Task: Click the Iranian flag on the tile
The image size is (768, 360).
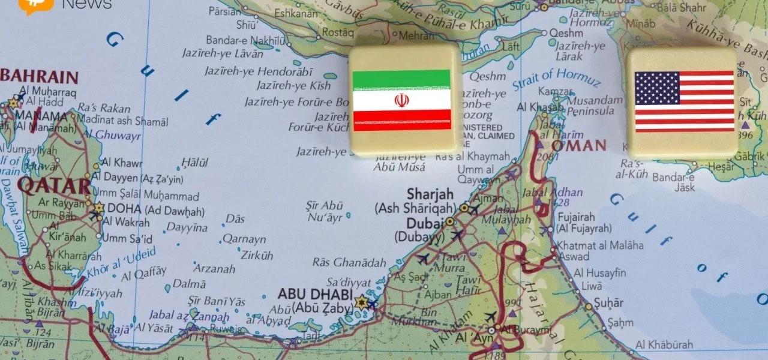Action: pyautogui.click(x=401, y=100)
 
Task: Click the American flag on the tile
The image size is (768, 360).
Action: pyautogui.click(x=684, y=101)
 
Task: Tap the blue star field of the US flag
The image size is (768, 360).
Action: pyautogui.click(x=657, y=88)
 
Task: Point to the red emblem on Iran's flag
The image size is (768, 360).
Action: pyautogui.click(x=401, y=100)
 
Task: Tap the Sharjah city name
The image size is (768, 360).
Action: pyautogui.click(x=430, y=194)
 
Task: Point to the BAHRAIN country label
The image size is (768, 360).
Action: pyautogui.click(x=40, y=77)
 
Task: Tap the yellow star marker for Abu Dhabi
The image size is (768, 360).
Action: pyautogui.click(x=361, y=302)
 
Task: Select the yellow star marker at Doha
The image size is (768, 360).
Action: pyautogui.click(x=98, y=208)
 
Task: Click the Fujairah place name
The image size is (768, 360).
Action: pyautogui.click(x=576, y=217)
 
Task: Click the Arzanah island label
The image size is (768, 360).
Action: pyautogui.click(x=213, y=268)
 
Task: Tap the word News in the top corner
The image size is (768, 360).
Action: pyautogui.click(x=86, y=4)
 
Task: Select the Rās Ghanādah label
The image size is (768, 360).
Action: pyautogui.click(x=349, y=262)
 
